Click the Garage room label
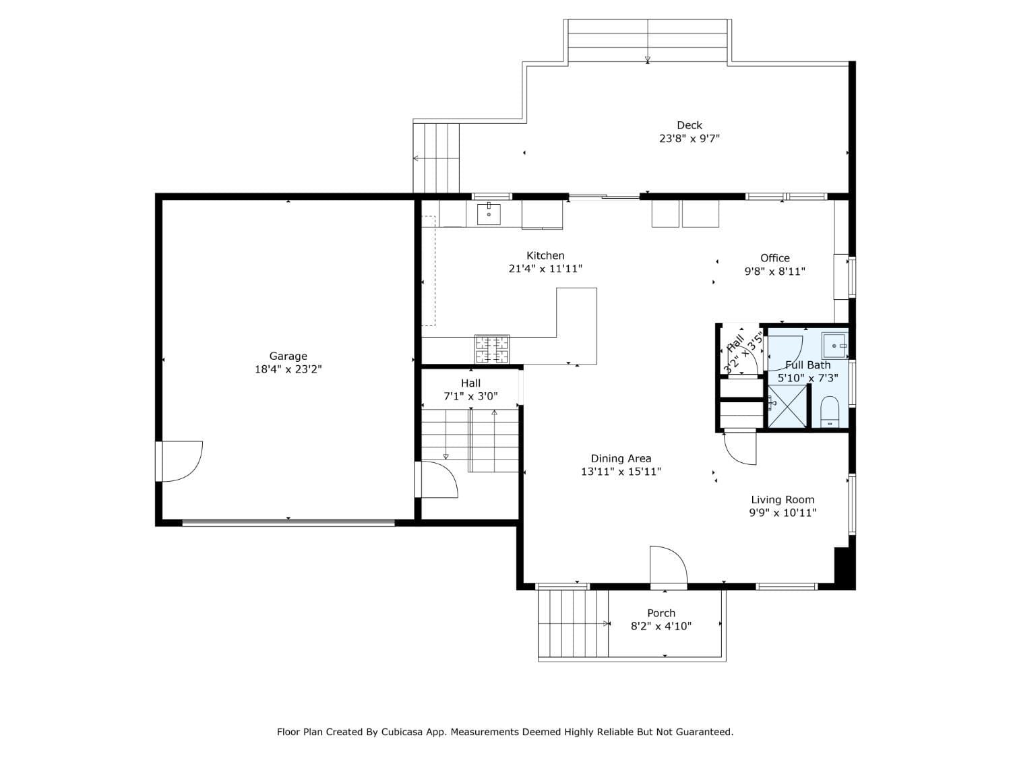pyautogui.click(x=288, y=356)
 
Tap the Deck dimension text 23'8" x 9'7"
pyautogui.click(x=689, y=139)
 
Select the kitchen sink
pyautogui.click(x=489, y=214)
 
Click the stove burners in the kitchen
pyautogui.click(x=492, y=349)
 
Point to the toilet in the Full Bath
pyautogui.click(x=830, y=412)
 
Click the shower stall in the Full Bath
pyautogui.click(x=787, y=406)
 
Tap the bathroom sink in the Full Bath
pyautogui.click(x=834, y=346)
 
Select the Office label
pyautogui.click(x=774, y=258)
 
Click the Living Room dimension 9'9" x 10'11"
pyautogui.click(x=783, y=513)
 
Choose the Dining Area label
pyautogui.click(x=621, y=459)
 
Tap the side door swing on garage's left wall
pyautogui.click(x=181, y=462)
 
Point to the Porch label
pyautogui.click(x=661, y=613)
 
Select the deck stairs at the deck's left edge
pyautogui.click(x=436, y=158)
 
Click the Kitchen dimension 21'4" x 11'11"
pyautogui.click(x=545, y=269)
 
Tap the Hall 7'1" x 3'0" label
pyautogui.click(x=470, y=389)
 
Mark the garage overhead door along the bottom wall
pyautogui.click(x=288, y=522)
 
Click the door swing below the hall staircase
pyautogui.click(x=438, y=480)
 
